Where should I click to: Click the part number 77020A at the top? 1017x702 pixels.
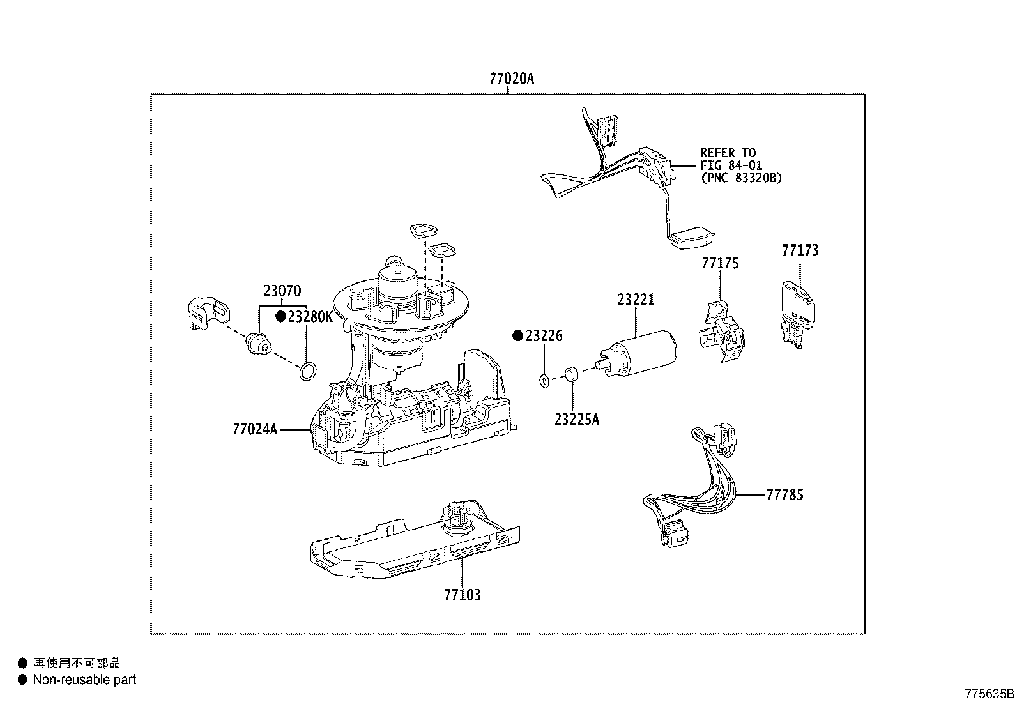[511, 79]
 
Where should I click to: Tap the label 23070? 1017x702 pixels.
[282, 292]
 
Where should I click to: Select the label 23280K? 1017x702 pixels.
[310, 317]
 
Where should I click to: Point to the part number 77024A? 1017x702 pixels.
[256, 429]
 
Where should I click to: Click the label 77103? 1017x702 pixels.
[463, 595]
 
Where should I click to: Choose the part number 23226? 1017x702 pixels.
[544, 336]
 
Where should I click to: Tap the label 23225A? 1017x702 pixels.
[577, 420]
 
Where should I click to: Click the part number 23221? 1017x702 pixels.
[636, 300]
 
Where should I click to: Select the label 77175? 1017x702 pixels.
[720, 263]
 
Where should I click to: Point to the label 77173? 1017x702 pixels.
[800, 250]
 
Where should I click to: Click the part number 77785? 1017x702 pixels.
[785, 494]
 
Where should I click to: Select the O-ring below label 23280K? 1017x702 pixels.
[307, 371]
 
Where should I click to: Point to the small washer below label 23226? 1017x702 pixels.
[544, 381]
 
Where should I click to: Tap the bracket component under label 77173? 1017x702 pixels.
[799, 314]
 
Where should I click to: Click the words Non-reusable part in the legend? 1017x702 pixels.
[84, 680]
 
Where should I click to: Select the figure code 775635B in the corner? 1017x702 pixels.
[989, 694]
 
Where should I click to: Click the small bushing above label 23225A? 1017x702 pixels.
[572, 374]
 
